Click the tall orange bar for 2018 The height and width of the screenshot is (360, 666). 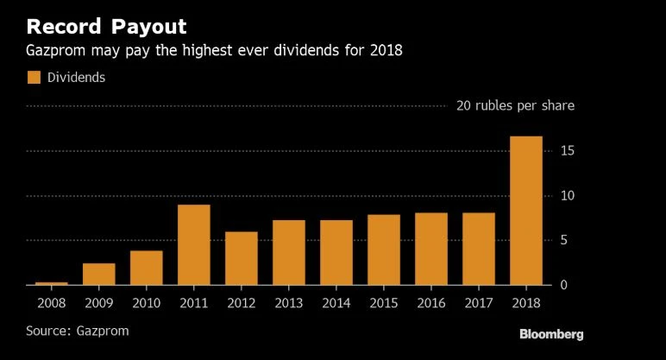click(526, 211)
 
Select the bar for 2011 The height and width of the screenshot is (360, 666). click(193, 244)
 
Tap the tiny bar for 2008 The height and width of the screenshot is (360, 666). click(51, 282)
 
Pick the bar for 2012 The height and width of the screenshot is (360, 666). click(241, 258)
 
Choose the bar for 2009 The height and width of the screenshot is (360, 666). click(98, 274)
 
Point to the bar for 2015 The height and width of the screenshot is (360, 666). click(384, 249)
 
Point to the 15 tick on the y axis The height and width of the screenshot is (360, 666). click(567, 151)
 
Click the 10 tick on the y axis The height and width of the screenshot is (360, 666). click(567, 196)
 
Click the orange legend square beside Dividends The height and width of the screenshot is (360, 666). click(34, 78)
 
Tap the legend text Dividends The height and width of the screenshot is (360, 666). click(76, 78)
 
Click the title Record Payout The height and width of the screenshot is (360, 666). click(106, 25)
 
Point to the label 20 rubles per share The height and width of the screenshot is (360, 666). click(515, 106)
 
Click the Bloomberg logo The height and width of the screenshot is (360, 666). click(551, 333)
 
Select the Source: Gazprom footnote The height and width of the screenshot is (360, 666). click(83, 330)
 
